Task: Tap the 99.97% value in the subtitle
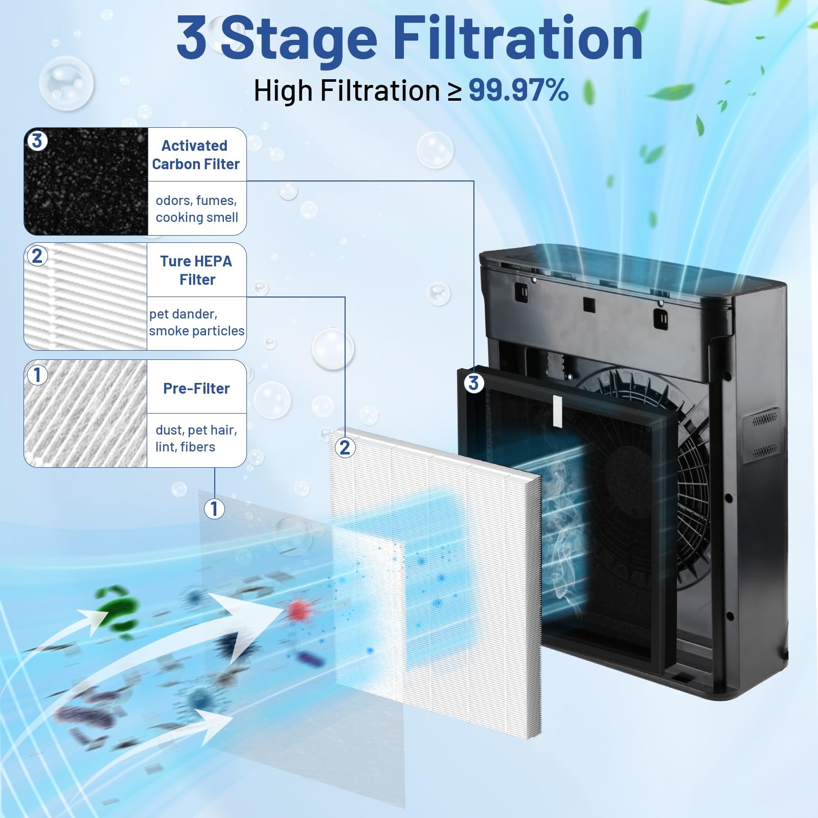tap(518, 90)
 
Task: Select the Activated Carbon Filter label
tap(196, 155)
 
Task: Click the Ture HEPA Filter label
tap(196, 270)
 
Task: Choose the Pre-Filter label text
tap(196, 389)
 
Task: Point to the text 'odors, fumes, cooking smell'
tap(197, 209)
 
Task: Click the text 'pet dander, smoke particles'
tap(197, 323)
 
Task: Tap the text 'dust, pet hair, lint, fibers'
tap(196, 438)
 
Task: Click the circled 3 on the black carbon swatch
tap(37, 141)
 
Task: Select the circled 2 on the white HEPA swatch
tap(37, 256)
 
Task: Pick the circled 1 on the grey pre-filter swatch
tap(37, 375)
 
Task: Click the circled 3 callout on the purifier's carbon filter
tap(473, 382)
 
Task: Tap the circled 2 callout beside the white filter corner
tap(345, 447)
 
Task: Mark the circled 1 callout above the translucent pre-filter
tap(214, 508)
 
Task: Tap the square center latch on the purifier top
tap(589, 305)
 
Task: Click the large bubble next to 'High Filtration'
tap(66, 82)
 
